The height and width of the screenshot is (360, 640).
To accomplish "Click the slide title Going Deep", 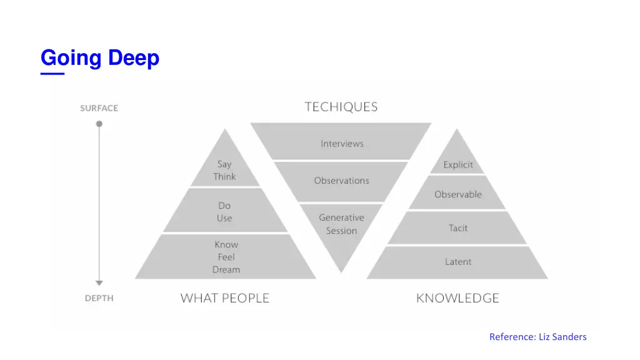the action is click(x=100, y=58).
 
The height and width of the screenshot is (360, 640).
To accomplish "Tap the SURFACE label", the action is click(x=99, y=108).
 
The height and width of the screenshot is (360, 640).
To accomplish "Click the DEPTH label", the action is click(x=99, y=298).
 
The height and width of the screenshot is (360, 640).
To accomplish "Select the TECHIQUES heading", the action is click(x=341, y=107).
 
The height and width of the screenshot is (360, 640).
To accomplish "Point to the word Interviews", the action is click(x=342, y=144).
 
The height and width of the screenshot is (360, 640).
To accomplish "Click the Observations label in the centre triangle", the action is click(x=341, y=181).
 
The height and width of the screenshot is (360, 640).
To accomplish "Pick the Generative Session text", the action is click(x=341, y=224).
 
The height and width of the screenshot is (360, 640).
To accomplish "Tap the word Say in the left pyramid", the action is click(x=224, y=164).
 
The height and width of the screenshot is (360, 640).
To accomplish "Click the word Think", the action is click(x=224, y=177).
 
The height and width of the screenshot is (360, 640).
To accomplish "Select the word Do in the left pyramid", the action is click(x=224, y=206).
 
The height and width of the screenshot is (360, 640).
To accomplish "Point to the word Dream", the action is click(x=226, y=270).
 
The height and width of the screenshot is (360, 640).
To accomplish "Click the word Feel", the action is click(x=226, y=257).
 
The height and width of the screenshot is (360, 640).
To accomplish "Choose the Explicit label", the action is click(x=458, y=165).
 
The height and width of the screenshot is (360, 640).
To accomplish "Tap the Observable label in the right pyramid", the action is click(x=458, y=194).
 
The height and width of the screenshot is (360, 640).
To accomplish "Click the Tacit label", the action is click(x=458, y=228).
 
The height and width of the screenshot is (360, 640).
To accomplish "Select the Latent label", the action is click(x=458, y=262).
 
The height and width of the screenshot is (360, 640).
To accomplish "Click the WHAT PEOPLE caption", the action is click(x=225, y=298).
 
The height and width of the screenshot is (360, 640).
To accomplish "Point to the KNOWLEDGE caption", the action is click(x=457, y=298).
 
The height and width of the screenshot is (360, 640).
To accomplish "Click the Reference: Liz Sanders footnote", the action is click(x=537, y=337).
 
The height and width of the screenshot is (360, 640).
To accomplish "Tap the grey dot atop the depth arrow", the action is click(x=99, y=124).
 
